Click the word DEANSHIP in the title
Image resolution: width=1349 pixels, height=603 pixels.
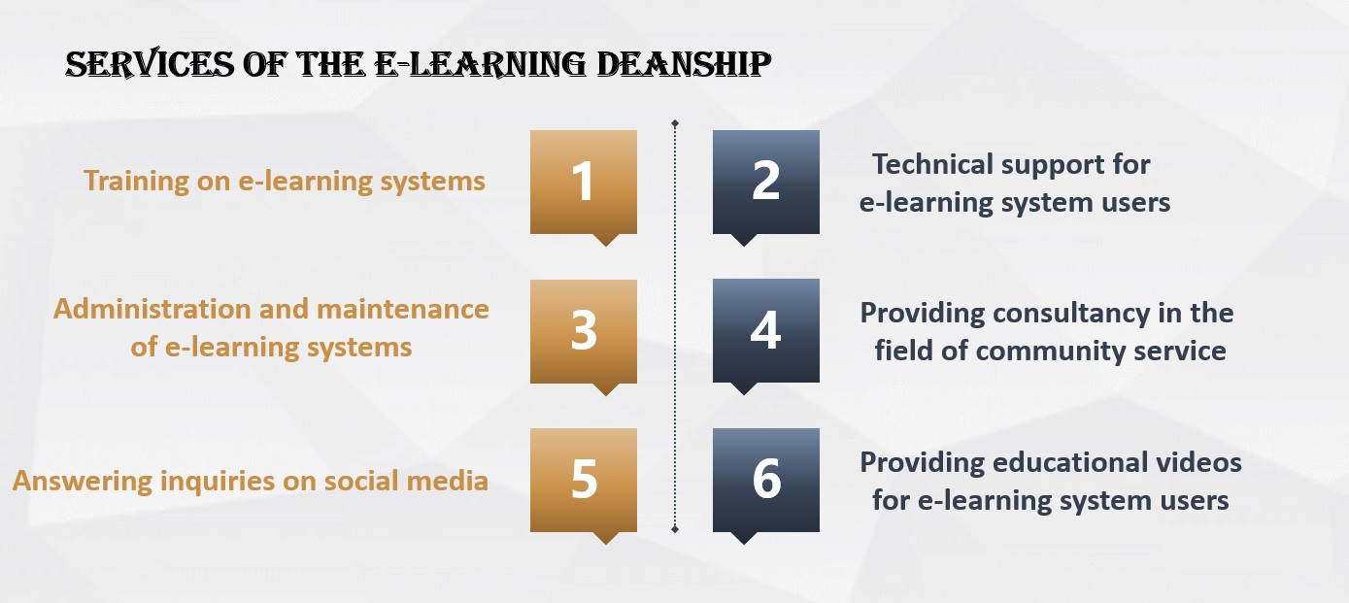click(684, 64)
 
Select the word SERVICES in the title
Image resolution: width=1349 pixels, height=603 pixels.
click(150, 64)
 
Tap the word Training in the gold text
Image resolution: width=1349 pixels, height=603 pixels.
click(136, 182)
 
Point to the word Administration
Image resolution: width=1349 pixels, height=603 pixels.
click(152, 309)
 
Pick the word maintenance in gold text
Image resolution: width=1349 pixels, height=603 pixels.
click(403, 309)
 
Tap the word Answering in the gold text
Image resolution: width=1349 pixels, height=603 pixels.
click(83, 482)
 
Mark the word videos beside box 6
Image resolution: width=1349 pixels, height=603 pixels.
click(1198, 462)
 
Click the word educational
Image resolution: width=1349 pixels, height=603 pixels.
click(1070, 462)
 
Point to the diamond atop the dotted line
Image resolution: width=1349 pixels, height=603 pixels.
click(675, 123)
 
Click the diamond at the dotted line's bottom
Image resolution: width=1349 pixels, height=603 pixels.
click(675, 529)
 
